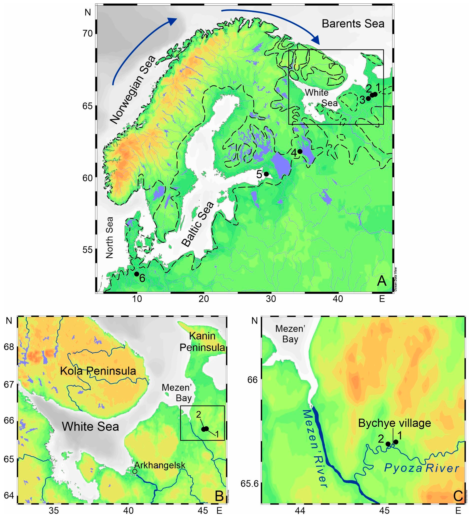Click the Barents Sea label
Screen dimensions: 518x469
(353, 24)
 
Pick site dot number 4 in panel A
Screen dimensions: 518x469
(300, 151)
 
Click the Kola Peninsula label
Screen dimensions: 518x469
(98, 371)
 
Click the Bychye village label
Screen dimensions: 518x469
(395, 423)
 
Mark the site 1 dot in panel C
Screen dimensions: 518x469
(396, 442)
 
